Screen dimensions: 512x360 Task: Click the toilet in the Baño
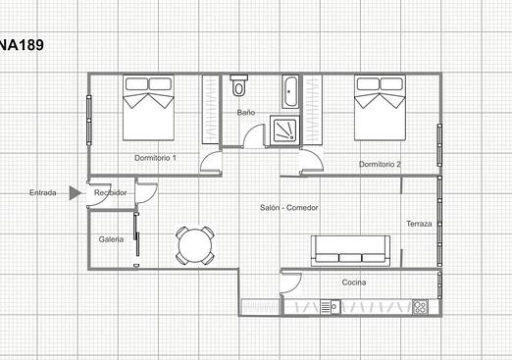coord(238,85)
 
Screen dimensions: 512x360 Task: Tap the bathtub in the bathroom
coord(289,92)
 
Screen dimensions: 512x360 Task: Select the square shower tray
coord(284,130)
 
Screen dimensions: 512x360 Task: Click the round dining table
coord(195,245)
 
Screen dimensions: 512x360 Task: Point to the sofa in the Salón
coord(350,250)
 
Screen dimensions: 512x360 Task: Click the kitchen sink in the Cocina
coord(331,307)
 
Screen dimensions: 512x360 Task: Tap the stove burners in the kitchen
coord(420,307)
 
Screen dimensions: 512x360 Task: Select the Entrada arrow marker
coord(76,193)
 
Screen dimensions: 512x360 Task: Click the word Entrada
coord(43,193)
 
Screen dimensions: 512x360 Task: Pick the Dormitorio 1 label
coord(155,158)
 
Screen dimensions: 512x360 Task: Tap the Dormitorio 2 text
coord(380,164)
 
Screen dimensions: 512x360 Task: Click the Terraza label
coord(419,224)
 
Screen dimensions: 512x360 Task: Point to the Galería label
coord(111,239)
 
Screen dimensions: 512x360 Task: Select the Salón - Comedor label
coord(289,208)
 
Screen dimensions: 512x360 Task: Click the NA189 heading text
coord(22,45)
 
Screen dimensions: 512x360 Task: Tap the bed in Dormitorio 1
coord(148,108)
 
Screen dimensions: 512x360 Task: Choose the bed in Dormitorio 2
coord(380,108)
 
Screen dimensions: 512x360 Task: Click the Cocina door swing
coord(290,283)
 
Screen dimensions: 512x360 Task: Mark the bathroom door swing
coord(254,136)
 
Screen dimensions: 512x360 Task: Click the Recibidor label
coord(110,193)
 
